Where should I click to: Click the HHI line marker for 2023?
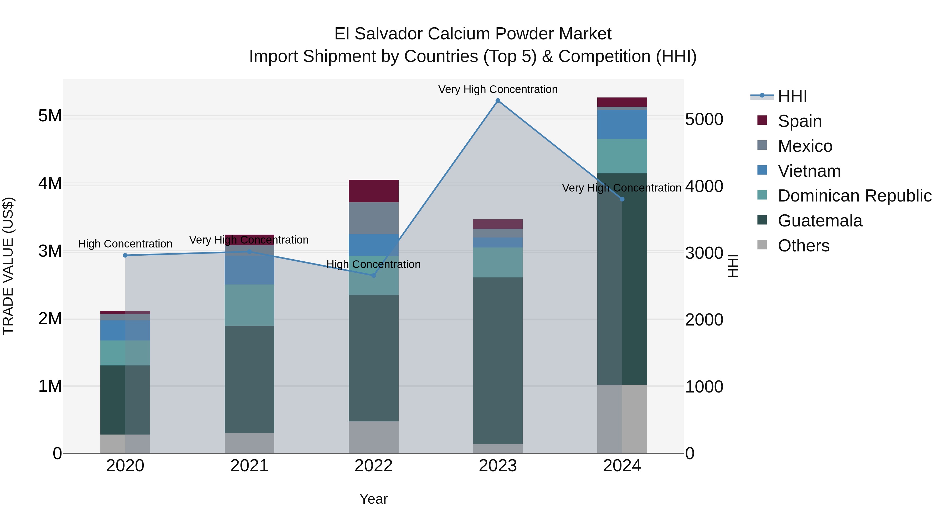498,101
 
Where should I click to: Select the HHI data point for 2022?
373,275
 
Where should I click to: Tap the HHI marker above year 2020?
125,255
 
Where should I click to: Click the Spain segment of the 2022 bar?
373,191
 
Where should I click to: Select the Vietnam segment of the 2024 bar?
622,124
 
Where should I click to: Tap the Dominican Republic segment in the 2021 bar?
249,305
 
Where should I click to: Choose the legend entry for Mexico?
804,146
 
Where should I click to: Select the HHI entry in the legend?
792,96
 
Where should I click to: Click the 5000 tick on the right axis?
704,120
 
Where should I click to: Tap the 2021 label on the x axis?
249,466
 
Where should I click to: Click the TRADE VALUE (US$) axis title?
8,266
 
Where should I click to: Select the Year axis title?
373,499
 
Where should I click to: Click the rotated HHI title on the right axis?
733,266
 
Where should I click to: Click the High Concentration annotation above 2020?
125,244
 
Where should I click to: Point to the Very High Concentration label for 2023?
498,89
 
